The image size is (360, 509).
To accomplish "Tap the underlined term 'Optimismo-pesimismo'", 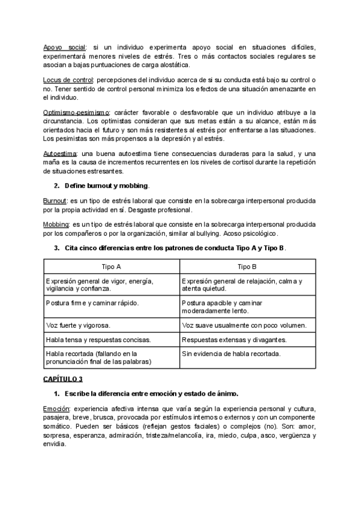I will [76, 113].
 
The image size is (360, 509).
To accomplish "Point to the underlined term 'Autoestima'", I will [60, 154].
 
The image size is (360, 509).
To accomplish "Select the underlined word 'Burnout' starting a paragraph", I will [55, 200].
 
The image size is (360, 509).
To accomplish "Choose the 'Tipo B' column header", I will [247, 266].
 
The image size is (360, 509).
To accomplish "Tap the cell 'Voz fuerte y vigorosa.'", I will [77, 325].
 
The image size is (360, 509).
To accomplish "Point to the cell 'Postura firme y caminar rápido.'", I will [92, 303].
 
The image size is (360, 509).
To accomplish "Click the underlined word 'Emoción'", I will [56, 408].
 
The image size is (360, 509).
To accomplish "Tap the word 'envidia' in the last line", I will [55, 445].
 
